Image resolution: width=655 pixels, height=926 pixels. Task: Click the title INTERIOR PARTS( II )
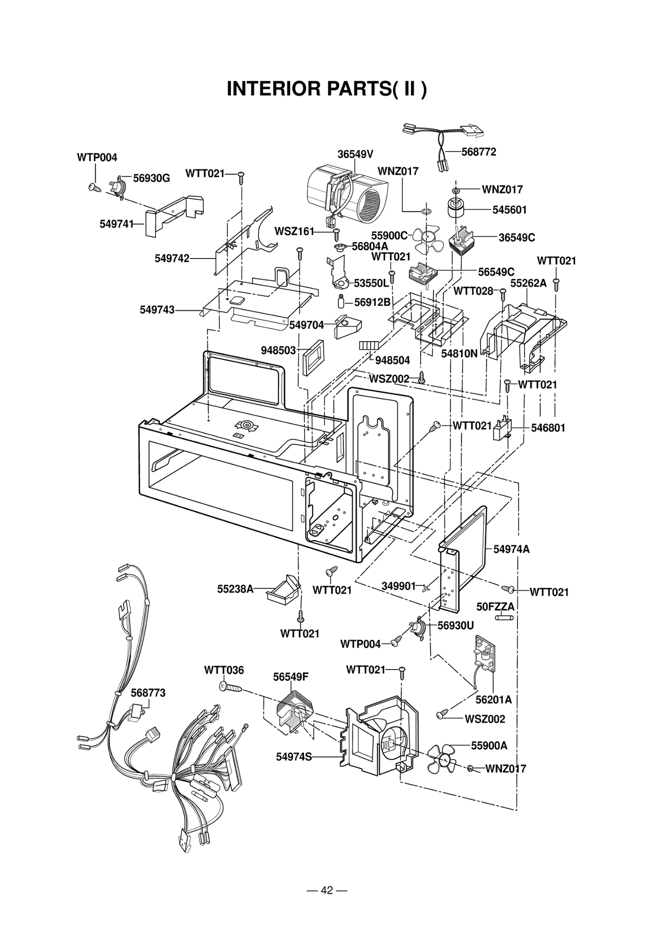(326, 89)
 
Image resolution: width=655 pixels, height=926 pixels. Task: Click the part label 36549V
(355, 154)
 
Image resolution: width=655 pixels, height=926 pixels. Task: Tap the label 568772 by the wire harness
(479, 152)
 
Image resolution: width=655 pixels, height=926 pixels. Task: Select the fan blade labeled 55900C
(428, 239)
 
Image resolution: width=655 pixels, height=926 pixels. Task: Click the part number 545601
(509, 210)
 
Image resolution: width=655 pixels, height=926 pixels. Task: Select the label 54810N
(459, 354)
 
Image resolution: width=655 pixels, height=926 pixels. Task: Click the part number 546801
(548, 428)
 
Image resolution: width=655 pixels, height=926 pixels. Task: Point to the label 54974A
(511, 549)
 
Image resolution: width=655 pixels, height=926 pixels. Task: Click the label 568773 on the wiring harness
(148, 693)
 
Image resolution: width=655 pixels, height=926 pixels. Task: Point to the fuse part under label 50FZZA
(504, 617)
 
